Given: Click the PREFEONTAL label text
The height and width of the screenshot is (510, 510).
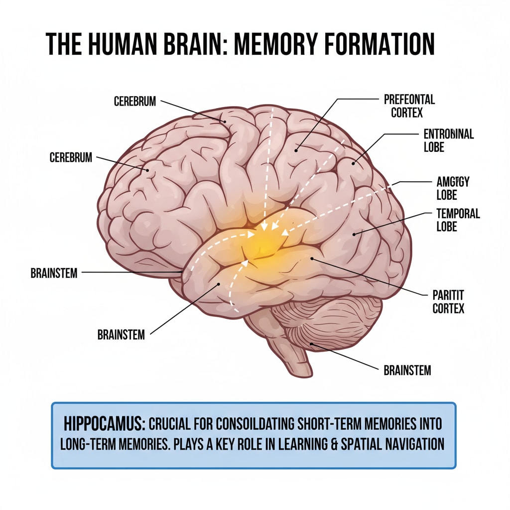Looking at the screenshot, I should [409, 100].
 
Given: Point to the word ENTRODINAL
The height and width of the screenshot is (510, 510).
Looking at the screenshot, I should [448, 134].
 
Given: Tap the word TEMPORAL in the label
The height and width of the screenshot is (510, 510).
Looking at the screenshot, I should [458, 214].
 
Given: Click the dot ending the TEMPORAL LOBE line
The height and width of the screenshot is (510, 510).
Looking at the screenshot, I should [354, 234].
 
